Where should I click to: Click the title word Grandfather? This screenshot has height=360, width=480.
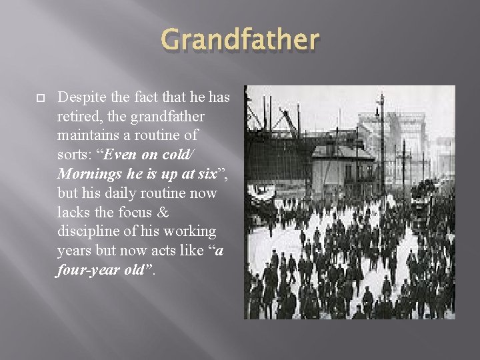[x=240, y=41]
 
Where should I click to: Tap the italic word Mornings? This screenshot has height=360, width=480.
[x=87, y=174]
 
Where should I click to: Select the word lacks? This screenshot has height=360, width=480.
[x=73, y=212]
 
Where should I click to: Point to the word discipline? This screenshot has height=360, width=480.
[x=88, y=231]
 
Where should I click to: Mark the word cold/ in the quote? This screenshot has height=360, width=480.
[x=178, y=155]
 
